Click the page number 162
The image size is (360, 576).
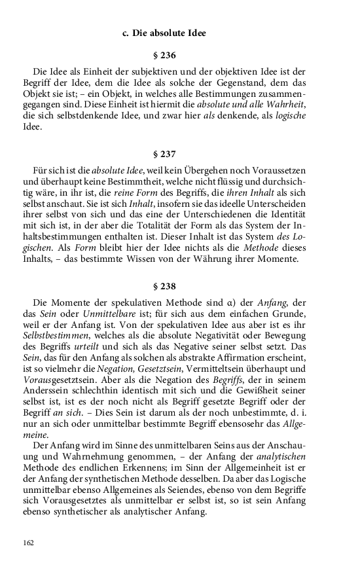[x=28, y=543]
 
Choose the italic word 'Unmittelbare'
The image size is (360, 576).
[x=87, y=314]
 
